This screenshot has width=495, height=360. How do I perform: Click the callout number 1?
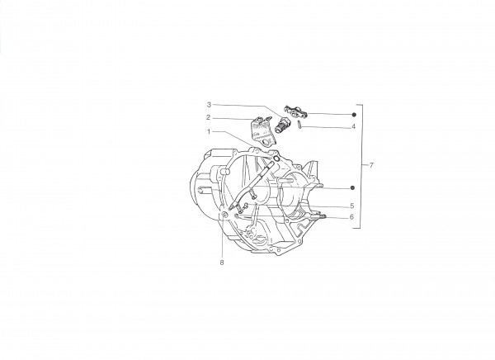point(209,131)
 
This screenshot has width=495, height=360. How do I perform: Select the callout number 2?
point(209,117)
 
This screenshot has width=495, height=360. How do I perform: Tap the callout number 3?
point(209,104)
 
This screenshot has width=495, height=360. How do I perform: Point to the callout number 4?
point(354,126)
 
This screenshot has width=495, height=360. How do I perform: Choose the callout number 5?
point(352,206)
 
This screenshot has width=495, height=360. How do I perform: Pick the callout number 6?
point(352,217)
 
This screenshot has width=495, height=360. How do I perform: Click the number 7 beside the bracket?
point(371,165)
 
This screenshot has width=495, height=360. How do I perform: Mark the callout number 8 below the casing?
point(222,263)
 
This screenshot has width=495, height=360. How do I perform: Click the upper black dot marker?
point(354,115)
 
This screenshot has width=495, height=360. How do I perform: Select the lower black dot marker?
point(353,188)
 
